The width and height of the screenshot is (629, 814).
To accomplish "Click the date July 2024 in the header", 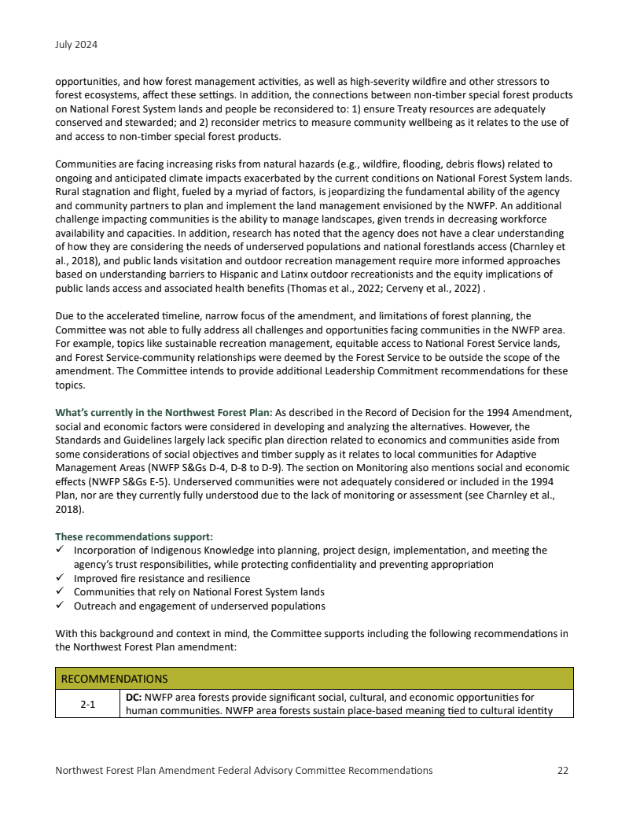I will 76,45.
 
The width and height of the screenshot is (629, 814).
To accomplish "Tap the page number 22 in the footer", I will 562,770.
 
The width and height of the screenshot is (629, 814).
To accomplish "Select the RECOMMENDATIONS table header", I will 115,678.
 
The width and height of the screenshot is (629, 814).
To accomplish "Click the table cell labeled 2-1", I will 87,704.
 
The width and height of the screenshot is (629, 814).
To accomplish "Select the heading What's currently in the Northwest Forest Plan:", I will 164,412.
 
